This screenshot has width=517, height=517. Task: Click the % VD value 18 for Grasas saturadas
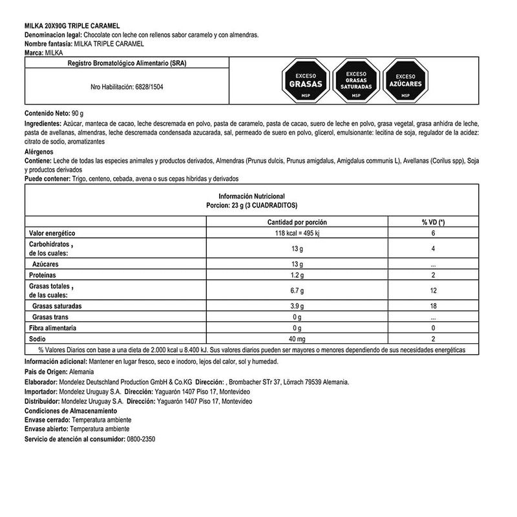point(433,305)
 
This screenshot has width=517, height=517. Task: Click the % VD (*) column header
point(433,222)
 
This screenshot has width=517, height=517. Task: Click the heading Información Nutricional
point(252,195)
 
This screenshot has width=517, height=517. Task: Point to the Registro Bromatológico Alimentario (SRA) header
point(127,64)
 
